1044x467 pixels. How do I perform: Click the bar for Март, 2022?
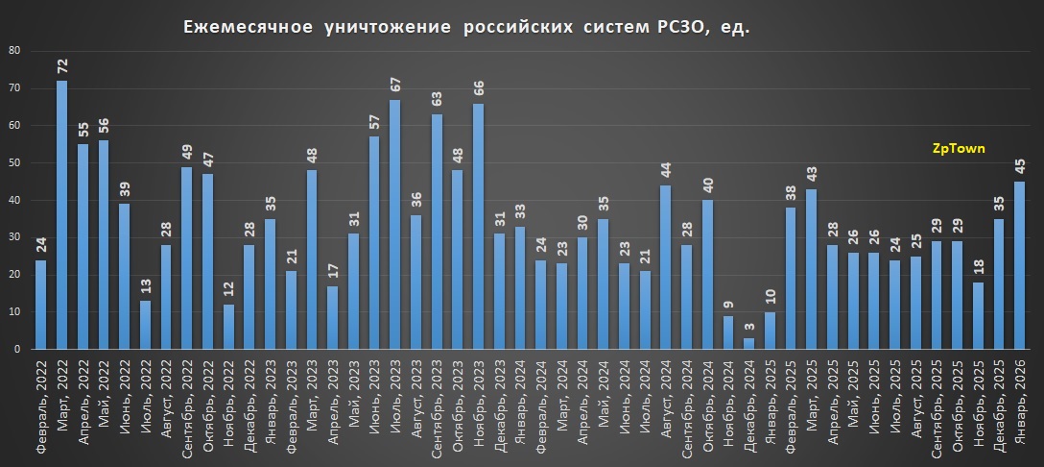pos(61,215)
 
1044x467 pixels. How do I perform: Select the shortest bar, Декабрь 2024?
pos(749,344)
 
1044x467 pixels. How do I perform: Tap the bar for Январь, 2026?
pos(1020,265)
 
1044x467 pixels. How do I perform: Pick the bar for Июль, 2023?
pos(394,225)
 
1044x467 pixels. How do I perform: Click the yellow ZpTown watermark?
pos(959,149)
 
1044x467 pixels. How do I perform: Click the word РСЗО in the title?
pos(662,29)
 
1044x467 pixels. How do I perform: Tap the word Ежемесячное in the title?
pos(248,29)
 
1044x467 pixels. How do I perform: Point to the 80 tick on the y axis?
pos(12,51)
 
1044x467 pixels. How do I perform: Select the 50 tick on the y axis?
pos(12,163)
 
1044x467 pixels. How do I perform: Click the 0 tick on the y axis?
pos(16,350)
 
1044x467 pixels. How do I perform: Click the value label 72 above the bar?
pos(61,66)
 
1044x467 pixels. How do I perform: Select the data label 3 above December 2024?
pos(749,328)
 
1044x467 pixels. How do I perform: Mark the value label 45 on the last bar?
pos(1020,167)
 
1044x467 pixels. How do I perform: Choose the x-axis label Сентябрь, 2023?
pos(437,404)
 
